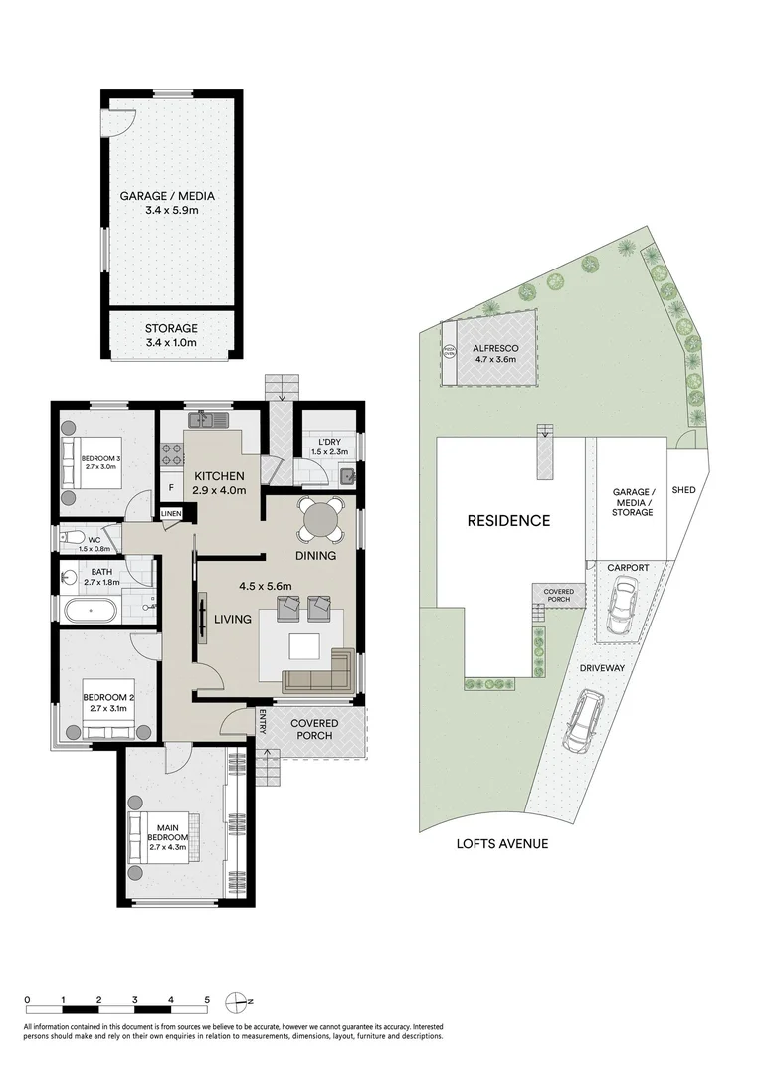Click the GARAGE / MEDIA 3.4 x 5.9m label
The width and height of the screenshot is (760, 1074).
(x=167, y=203)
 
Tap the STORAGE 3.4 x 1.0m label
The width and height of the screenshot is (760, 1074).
(x=171, y=335)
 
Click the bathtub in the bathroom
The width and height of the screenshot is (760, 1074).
(x=88, y=608)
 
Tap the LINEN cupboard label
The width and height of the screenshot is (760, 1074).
(x=172, y=513)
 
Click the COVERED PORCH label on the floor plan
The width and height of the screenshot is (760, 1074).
(x=314, y=730)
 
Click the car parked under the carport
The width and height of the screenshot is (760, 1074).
(x=621, y=606)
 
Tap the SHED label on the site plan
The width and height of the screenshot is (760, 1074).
(x=683, y=490)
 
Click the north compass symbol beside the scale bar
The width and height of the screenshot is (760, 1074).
(x=237, y=1000)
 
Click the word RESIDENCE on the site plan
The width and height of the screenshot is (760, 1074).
(x=509, y=520)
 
